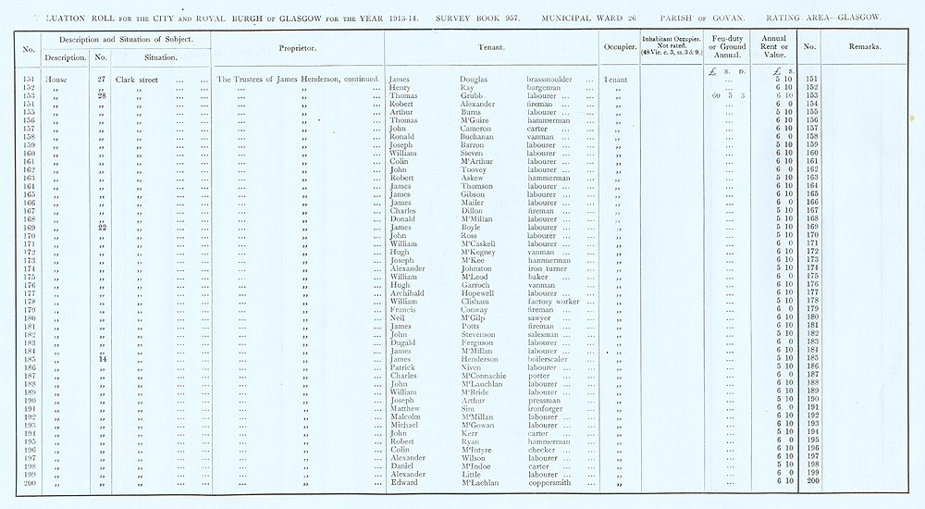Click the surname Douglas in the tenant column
coord(475,80)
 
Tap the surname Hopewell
coord(479,292)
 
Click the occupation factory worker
coord(555,301)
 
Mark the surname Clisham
coord(476,301)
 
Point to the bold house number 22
coord(103,227)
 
